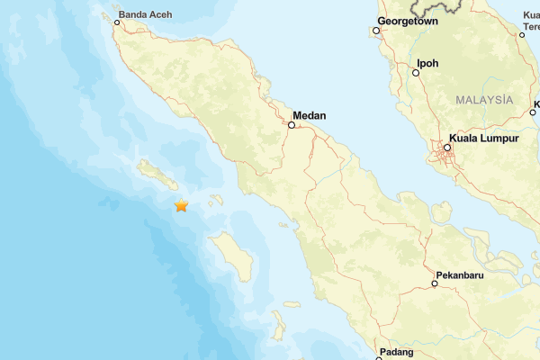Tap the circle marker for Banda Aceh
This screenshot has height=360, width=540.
(x=117, y=22)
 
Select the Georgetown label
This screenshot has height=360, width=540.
(x=408, y=20)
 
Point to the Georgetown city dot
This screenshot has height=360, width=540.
(x=375, y=31)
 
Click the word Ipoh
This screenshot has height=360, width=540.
(x=428, y=64)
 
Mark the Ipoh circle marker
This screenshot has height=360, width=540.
(x=416, y=73)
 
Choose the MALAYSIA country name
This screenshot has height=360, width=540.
(x=485, y=99)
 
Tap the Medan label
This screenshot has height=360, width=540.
(x=310, y=115)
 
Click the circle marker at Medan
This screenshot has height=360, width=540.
(x=291, y=126)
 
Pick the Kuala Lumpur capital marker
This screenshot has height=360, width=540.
(x=447, y=148)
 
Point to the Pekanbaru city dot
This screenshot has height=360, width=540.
(x=434, y=283)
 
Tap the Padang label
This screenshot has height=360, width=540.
(x=396, y=351)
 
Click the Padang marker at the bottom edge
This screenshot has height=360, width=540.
(x=380, y=358)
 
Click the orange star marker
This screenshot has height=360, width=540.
(x=182, y=206)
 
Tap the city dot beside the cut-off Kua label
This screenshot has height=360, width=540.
(x=523, y=33)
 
